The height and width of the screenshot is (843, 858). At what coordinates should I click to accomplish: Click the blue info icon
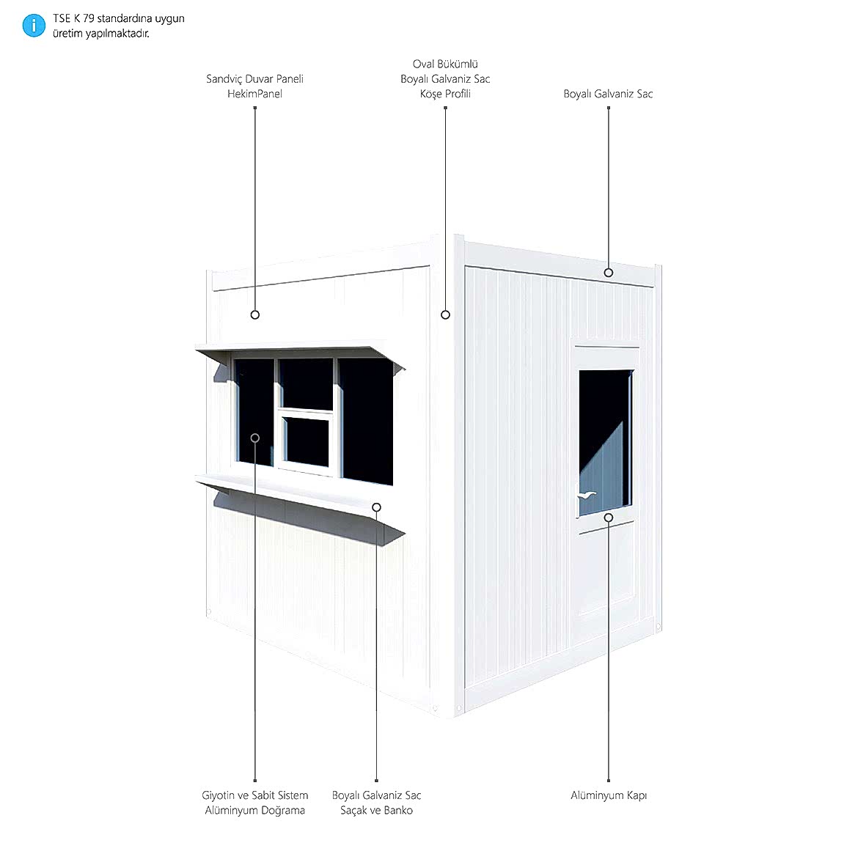point(34,26)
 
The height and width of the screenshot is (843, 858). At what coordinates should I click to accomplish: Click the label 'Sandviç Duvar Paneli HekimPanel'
point(255,86)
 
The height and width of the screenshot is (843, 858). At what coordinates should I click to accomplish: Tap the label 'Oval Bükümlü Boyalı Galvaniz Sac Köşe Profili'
point(445,78)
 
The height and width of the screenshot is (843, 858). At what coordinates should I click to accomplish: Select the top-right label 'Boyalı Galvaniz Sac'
point(609,94)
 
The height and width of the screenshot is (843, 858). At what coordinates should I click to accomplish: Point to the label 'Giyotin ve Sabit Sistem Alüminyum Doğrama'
point(255,803)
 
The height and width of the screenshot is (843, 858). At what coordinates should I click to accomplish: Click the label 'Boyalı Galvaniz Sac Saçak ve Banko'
point(376,803)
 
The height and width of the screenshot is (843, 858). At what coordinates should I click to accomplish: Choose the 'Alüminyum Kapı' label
point(609,795)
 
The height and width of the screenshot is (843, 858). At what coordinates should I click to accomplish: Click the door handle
point(586,495)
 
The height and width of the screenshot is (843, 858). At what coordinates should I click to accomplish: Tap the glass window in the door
point(606,443)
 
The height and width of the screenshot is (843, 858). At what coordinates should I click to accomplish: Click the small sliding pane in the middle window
point(307,441)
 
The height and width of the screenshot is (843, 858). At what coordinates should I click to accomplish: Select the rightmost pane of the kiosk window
point(365,421)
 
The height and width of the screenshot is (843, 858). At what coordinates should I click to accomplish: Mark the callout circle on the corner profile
point(445,314)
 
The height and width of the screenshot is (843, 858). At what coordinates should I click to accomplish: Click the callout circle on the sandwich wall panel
point(255,314)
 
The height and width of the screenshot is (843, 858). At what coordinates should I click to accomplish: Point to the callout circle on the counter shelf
point(376,508)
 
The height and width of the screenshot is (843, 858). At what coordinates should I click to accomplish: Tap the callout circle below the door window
point(609,518)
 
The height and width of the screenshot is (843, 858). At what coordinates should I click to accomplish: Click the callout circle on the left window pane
point(255,438)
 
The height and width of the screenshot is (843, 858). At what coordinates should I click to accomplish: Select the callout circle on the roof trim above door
point(609,273)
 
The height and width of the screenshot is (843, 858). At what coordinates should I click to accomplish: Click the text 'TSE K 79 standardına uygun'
point(119,18)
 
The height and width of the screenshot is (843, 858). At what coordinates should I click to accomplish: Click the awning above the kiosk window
point(300,355)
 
